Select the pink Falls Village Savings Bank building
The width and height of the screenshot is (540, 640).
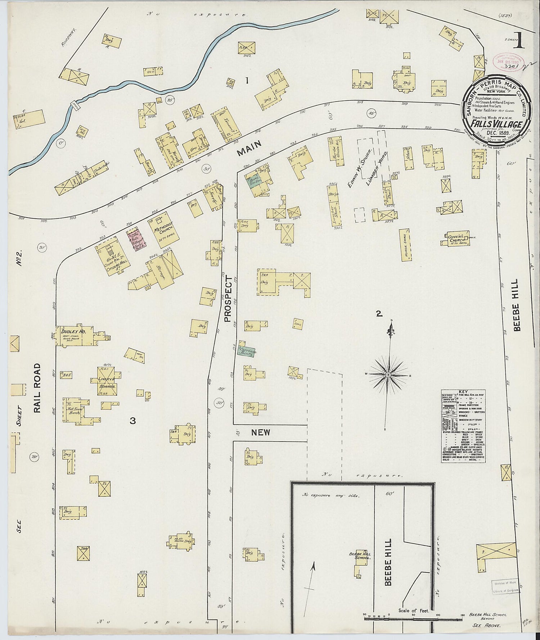tap(135, 239)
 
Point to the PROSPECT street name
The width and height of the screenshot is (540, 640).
tap(227, 298)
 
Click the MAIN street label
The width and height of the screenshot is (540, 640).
tap(249, 149)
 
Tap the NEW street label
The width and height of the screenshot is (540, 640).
tap(261, 432)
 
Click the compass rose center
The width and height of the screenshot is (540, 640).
tap(388, 375)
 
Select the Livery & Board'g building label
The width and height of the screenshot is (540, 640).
tap(107, 383)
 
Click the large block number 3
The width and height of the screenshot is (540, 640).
tap(133, 420)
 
